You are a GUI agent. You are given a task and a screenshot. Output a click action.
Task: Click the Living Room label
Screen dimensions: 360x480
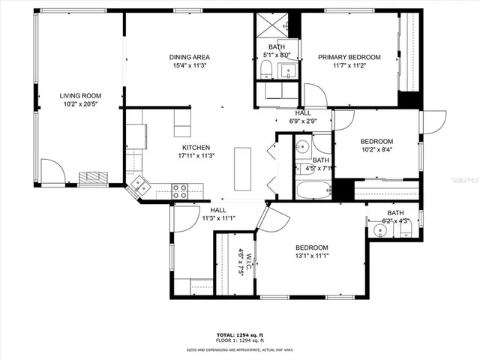[x=80, y=96]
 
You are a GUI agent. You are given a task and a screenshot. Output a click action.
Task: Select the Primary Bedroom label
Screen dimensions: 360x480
[x=349, y=57]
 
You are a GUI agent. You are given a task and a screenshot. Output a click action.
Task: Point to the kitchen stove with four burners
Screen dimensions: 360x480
[x=180, y=191]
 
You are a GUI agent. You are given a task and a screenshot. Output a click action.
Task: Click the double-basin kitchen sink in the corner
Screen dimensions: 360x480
[x=138, y=184]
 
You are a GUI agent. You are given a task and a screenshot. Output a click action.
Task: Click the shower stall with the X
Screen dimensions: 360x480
[x=277, y=24]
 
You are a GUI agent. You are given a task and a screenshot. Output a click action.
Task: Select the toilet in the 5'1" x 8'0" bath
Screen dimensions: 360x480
[x=265, y=71]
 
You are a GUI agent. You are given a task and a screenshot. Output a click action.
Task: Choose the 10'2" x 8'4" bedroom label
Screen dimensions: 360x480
[x=376, y=149]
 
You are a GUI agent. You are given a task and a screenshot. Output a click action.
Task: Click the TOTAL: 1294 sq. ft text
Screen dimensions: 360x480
[x=240, y=334]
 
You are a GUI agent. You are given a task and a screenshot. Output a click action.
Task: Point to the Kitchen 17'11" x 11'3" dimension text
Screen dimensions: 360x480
[x=194, y=156]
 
